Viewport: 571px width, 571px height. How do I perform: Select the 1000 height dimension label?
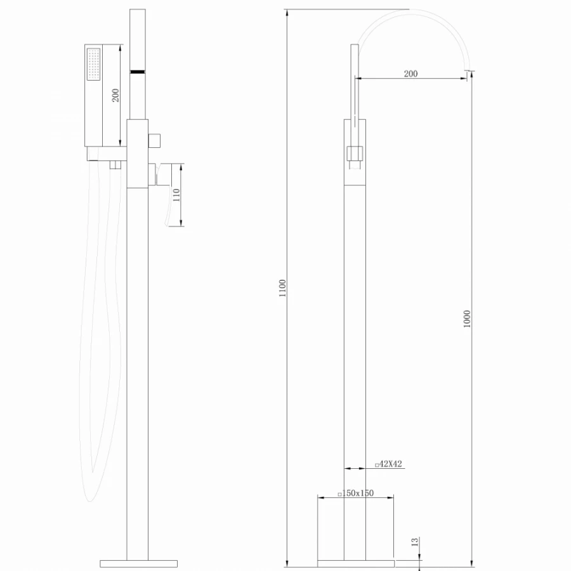(x=468, y=318)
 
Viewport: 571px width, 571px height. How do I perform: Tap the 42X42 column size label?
(x=389, y=464)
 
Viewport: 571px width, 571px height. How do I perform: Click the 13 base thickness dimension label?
(x=414, y=541)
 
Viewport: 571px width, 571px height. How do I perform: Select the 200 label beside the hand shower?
(x=115, y=95)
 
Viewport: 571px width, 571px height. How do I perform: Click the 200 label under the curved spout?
(x=410, y=74)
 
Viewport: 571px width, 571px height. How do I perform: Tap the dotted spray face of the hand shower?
(x=95, y=64)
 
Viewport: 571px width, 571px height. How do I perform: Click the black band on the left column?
(x=138, y=72)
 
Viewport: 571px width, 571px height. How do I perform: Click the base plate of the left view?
(x=138, y=563)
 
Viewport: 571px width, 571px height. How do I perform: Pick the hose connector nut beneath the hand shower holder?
(x=115, y=166)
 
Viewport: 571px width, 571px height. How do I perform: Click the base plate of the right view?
(x=355, y=563)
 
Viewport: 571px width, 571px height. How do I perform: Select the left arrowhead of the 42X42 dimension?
(x=346, y=469)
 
